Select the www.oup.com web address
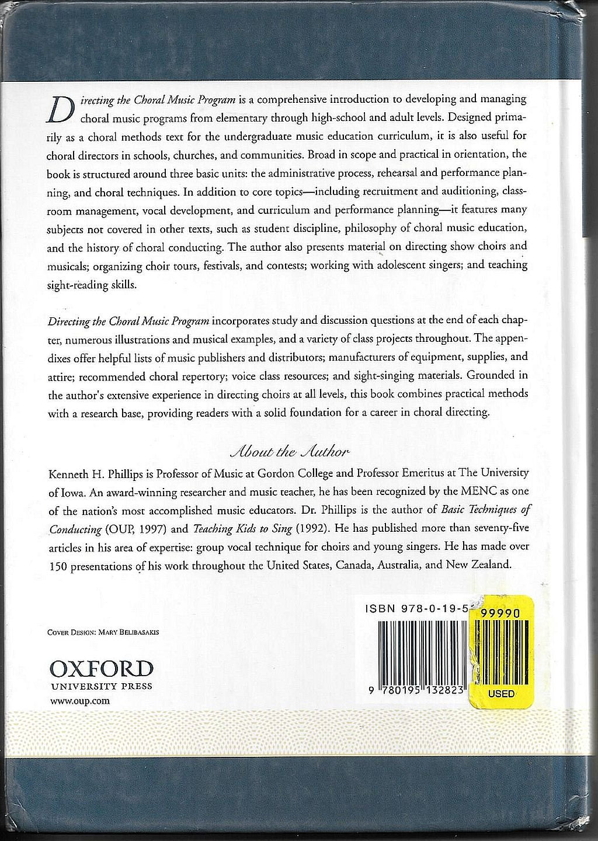pos(73,701)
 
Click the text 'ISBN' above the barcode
pos(380,608)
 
